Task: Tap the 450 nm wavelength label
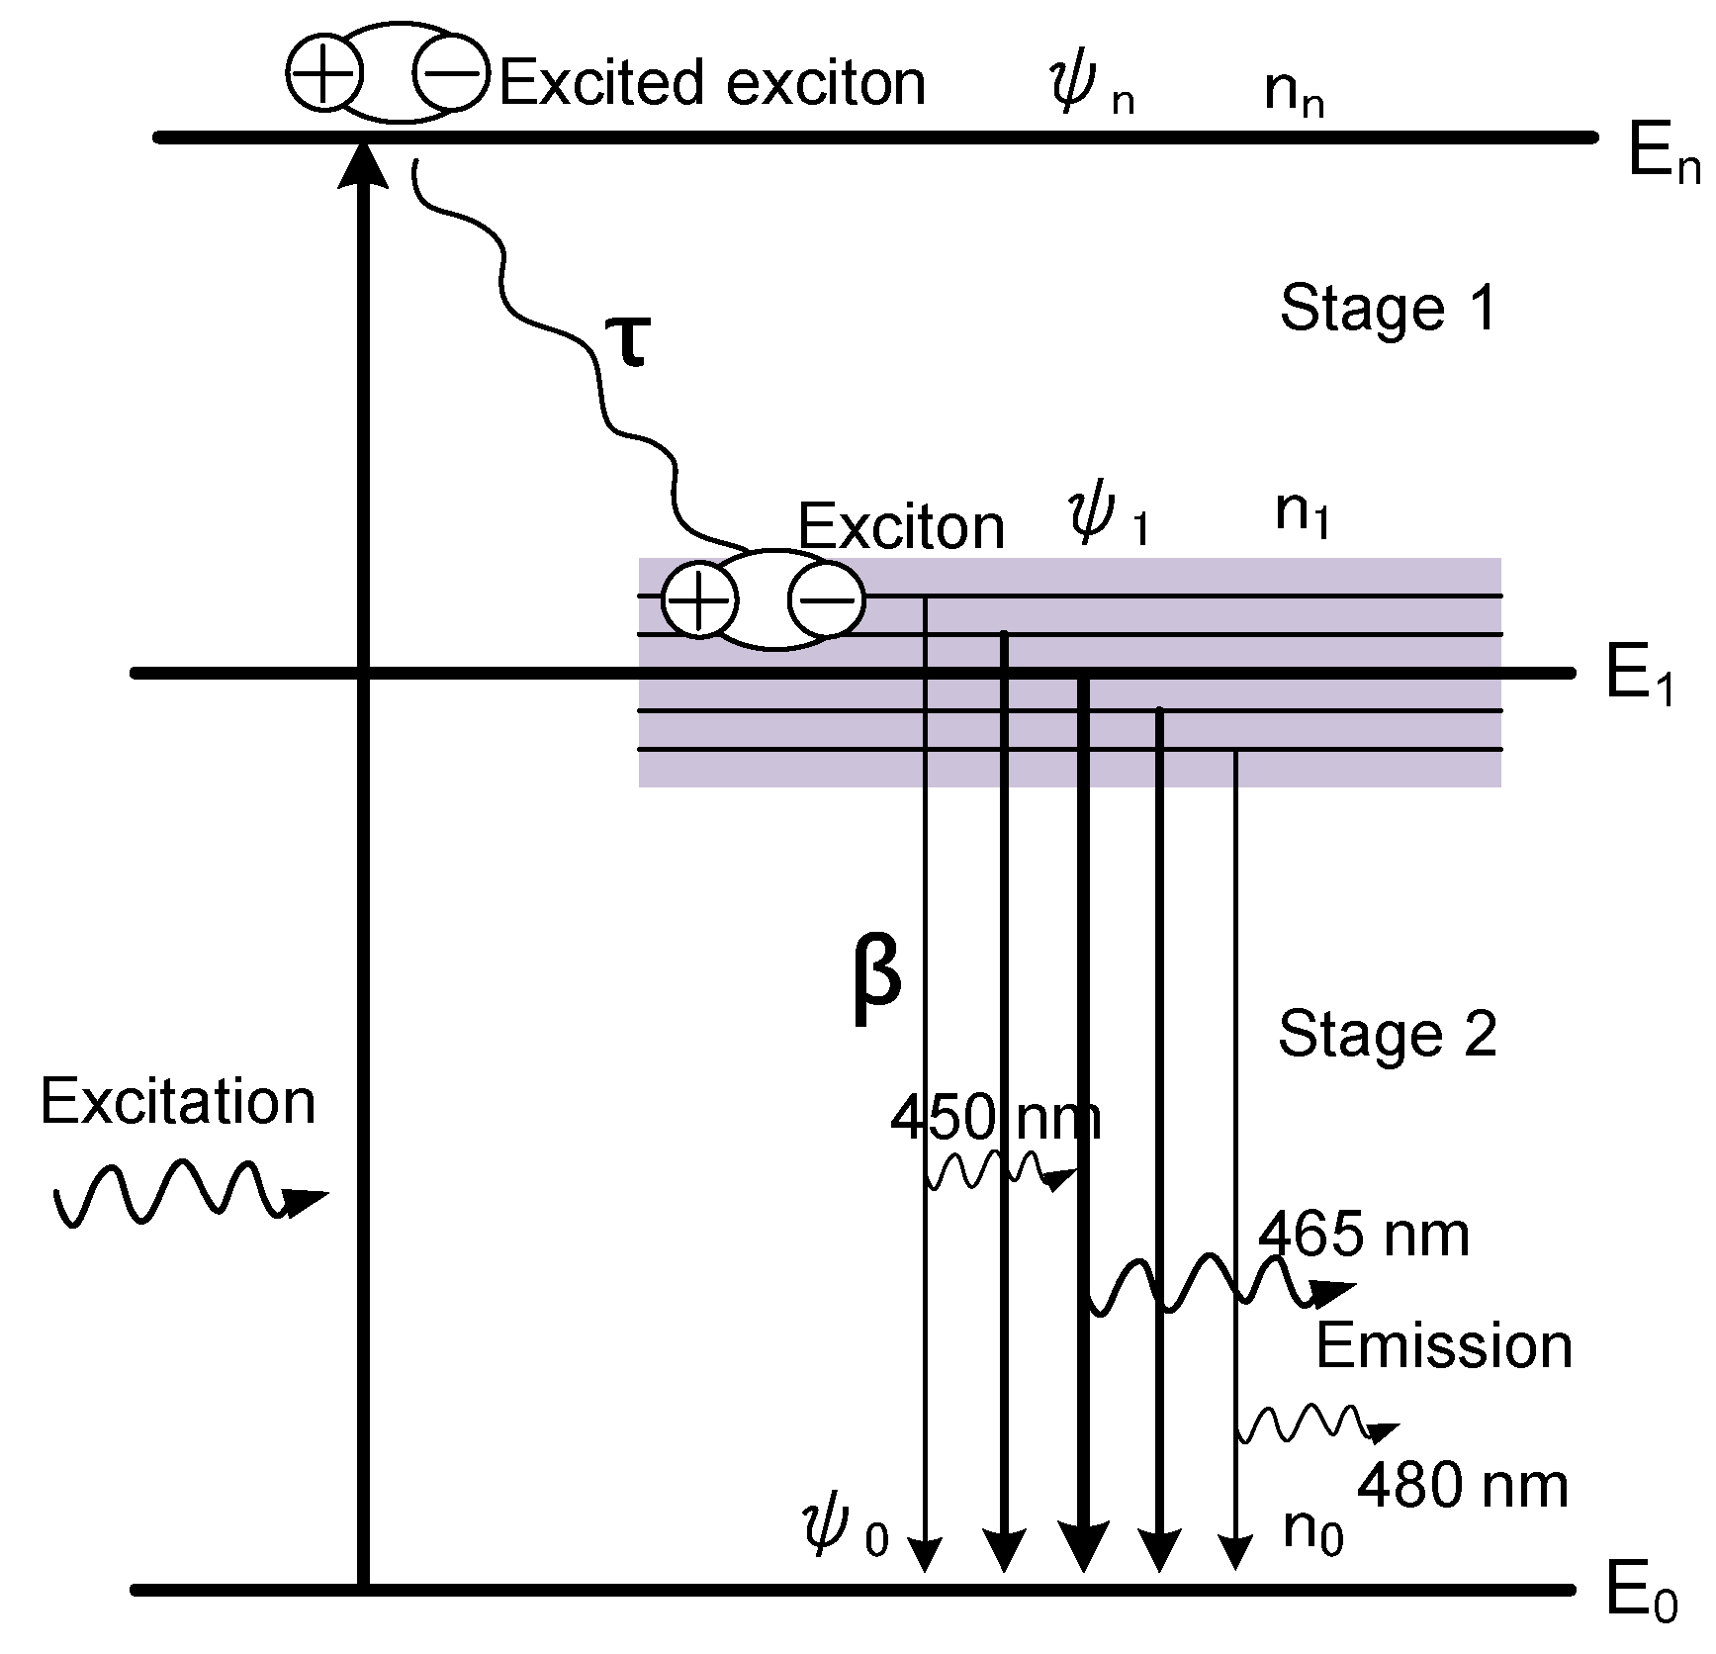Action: [x=995, y=1118]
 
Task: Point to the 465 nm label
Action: [x=1363, y=1236]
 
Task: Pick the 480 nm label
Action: [x=1462, y=1486]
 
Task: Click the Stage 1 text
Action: [x=1387, y=309]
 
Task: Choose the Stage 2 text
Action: [x=1387, y=1035]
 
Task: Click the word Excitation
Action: [x=178, y=1102]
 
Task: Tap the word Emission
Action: [x=1443, y=1346]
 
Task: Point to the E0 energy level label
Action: [x=1640, y=1593]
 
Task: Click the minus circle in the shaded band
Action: [x=826, y=599]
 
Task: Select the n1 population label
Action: [x=1301, y=512]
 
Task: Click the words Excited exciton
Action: [x=712, y=83]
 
